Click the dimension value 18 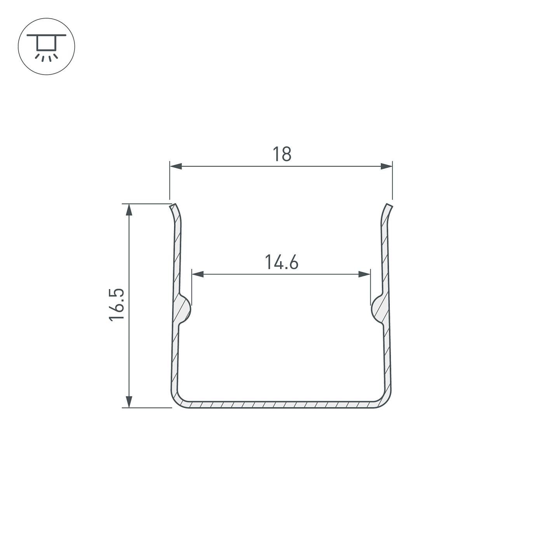282,154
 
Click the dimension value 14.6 281,262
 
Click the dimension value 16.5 117,305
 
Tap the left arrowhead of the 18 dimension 176,166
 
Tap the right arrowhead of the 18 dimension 386,166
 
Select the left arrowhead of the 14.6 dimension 198,274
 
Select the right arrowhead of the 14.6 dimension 364,274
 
